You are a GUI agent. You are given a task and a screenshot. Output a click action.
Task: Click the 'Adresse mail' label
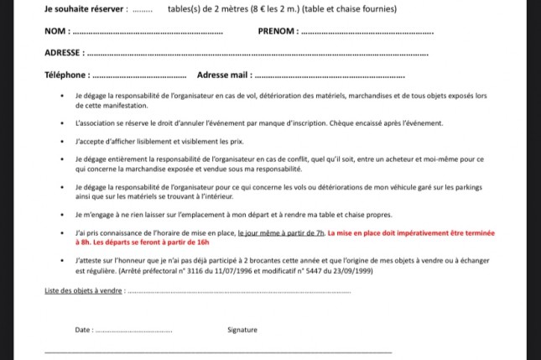pyautogui.click(x=224, y=75)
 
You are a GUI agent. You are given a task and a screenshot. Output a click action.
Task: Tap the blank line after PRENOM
pyautogui.click(x=367, y=34)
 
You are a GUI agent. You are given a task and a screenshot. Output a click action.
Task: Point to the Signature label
pyautogui.click(x=242, y=330)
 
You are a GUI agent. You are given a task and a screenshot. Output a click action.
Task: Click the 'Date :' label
pyautogui.click(x=84, y=330)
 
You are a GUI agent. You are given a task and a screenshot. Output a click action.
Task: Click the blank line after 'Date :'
pyautogui.click(x=134, y=331)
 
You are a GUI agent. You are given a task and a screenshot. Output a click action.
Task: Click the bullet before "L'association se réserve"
pyautogui.click(x=64, y=123)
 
